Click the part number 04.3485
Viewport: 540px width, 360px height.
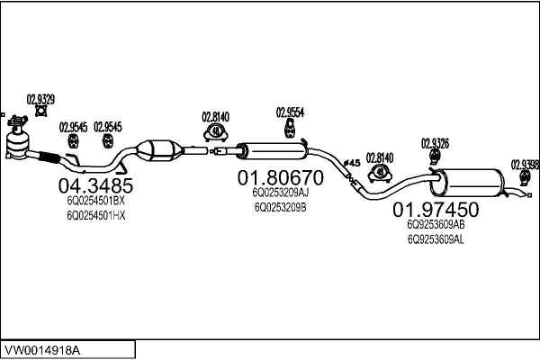pos(95,186)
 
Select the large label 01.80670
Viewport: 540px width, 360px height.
pos(280,178)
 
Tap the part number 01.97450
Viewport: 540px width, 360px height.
pos(436,209)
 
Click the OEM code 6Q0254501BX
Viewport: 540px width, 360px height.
pos(95,201)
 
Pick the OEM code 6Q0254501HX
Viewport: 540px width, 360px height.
pos(95,216)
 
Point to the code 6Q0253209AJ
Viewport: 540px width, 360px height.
pos(280,193)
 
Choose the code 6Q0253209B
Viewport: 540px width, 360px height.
pos(280,207)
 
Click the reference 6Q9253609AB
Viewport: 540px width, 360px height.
pos(436,225)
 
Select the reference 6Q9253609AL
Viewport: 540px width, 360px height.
pos(436,239)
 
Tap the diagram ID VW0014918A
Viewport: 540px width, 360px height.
pos(42,351)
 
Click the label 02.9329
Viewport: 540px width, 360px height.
pos(40,100)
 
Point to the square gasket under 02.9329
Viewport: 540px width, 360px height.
pos(41,111)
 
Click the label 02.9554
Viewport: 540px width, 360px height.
pos(290,112)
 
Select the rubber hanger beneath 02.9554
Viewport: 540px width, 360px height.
pos(290,129)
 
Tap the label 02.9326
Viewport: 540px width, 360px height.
pos(435,143)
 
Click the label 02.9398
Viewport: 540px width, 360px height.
pos(526,165)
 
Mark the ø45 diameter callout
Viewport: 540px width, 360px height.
pos(352,163)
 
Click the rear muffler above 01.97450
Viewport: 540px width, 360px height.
pos(466,183)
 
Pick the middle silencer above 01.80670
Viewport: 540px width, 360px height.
pos(272,151)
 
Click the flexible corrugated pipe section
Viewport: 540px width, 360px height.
pos(49,157)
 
